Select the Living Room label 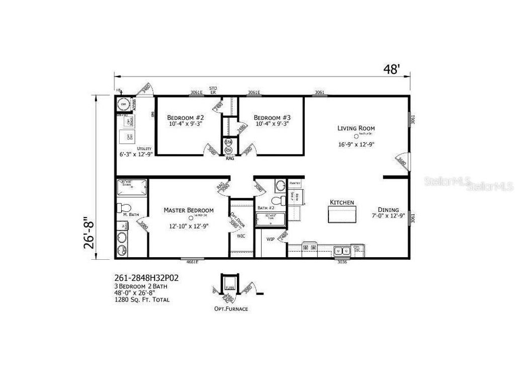click(356, 128)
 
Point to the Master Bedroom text click(189, 210)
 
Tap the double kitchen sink click(343, 250)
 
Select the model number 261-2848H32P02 click(146, 278)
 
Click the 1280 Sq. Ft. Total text click(141, 300)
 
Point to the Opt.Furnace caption click(231, 309)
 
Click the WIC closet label click(241, 237)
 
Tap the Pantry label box click(295, 183)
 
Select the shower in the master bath click(132, 188)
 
